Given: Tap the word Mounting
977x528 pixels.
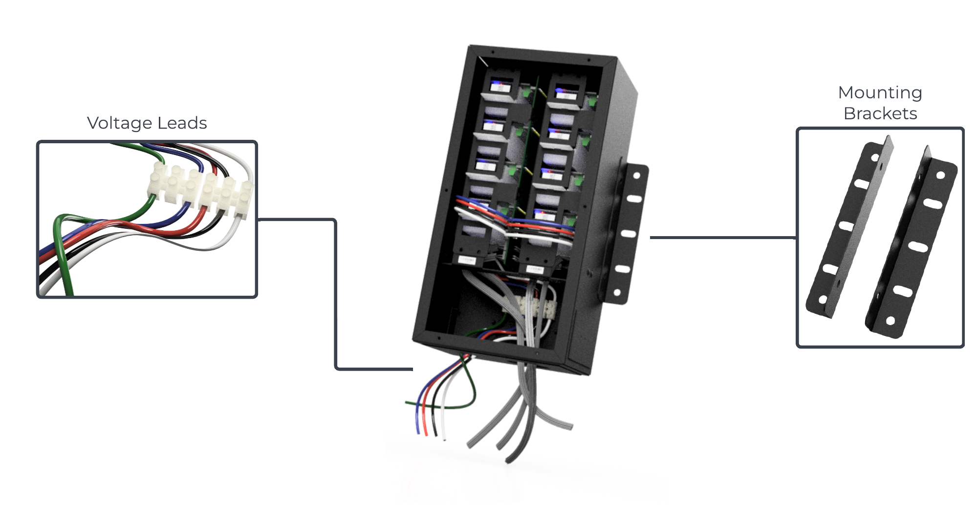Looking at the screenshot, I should click(x=880, y=92).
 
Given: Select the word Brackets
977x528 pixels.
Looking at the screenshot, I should click(x=880, y=113).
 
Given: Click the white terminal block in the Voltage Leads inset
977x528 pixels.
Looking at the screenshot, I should click(x=200, y=188).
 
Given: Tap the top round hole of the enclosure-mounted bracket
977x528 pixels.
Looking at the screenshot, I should click(x=637, y=176).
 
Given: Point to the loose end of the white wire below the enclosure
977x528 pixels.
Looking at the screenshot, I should click(x=444, y=438).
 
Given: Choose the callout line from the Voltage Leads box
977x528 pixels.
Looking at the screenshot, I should click(x=336, y=293).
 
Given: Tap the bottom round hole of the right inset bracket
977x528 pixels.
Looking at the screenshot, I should click(x=890, y=321).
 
